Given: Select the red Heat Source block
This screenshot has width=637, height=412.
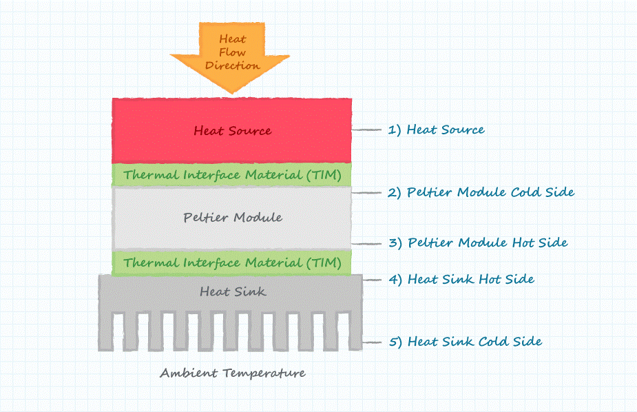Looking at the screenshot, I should pyautogui.click(x=232, y=130).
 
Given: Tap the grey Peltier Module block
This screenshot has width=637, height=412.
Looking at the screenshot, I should pyautogui.click(x=232, y=218).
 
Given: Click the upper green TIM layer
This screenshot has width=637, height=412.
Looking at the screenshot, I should pyautogui.click(x=232, y=175).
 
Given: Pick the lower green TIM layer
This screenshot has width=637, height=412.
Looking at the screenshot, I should pyautogui.click(x=232, y=262).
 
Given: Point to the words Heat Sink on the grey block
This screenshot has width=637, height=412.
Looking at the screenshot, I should pyautogui.click(x=233, y=292).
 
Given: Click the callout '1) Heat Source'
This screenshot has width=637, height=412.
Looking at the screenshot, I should pyautogui.click(x=445, y=130).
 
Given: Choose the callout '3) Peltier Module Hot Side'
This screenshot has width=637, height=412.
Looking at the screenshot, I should pyautogui.click(x=487, y=243).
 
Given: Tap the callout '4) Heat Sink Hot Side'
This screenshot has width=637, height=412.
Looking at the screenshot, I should pyautogui.click(x=470, y=279).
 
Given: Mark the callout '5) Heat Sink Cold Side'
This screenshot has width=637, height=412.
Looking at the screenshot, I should pyautogui.click(x=474, y=341).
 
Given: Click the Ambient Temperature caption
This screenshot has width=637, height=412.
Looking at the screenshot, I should pyautogui.click(x=233, y=373).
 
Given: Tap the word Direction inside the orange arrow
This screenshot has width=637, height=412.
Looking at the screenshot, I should pyautogui.click(x=233, y=65).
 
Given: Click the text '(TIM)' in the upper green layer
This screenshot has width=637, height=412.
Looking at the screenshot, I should pyautogui.click(x=323, y=175).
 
